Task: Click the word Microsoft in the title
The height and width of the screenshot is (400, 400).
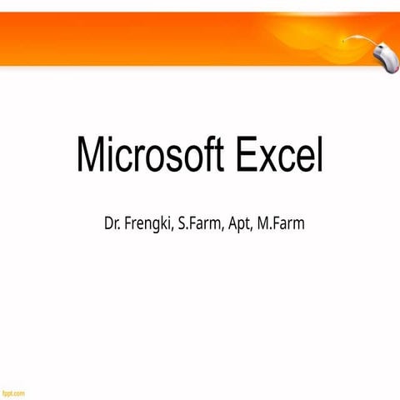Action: point(151,156)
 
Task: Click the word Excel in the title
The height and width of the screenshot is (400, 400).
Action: point(280,156)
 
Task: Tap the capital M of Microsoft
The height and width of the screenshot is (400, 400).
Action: point(90,156)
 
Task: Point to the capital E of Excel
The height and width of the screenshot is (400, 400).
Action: point(247,156)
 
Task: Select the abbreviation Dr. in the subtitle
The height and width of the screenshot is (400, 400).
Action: point(112,224)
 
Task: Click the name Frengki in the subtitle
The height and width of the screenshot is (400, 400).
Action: point(147,225)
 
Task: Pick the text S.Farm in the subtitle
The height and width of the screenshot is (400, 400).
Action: point(198,224)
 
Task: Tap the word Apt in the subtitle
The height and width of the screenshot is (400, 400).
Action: point(239,225)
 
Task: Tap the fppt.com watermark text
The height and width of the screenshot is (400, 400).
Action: point(12,392)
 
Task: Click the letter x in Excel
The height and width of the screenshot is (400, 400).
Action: point(272,159)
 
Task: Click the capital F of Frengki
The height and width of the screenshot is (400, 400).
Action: point(128,224)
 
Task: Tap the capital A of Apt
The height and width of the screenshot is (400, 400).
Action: point(232,224)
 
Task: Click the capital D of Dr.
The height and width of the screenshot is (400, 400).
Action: point(108,224)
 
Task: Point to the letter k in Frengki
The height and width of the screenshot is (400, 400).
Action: point(162,224)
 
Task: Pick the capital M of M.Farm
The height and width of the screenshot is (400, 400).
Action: point(265,224)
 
